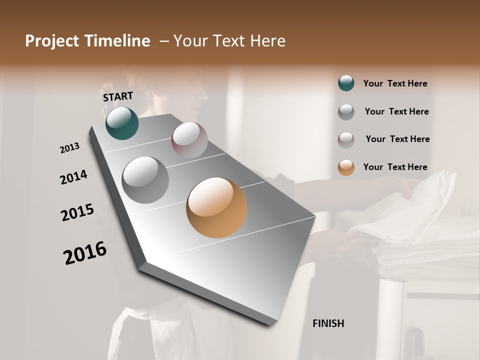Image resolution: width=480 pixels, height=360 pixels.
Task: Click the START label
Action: coord(118,96)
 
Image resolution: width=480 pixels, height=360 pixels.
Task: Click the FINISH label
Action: coord(328,323)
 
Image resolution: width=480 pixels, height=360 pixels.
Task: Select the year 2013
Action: coord(69,148)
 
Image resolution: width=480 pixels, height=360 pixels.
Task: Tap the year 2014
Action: coord(73,177)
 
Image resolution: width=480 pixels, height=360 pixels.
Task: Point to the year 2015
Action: coord(77,212)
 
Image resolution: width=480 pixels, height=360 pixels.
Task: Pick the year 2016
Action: coord(85,252)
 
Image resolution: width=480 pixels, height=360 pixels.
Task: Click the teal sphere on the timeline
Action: coord(122,123)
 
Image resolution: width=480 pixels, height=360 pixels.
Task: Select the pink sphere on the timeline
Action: coord(189,139)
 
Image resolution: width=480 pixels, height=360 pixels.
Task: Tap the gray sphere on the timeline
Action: coord(145,180)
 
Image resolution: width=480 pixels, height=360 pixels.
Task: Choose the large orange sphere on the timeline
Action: coord(216,207)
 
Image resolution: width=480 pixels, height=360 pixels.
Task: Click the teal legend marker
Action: coord(346,83)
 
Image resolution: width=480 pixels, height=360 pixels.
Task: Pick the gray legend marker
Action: coord(346,112)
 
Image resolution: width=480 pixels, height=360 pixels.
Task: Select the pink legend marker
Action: coord(346,140)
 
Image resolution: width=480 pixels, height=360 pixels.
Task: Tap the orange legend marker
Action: coord(346,168)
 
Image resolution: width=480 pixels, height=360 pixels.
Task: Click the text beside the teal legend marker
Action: coord(395,84)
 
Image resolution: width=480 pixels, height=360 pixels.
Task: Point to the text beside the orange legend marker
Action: coord(395,167)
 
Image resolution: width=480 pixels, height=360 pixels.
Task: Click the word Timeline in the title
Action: coord(118,41)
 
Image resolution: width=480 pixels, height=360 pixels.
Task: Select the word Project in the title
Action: coord(52,41)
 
